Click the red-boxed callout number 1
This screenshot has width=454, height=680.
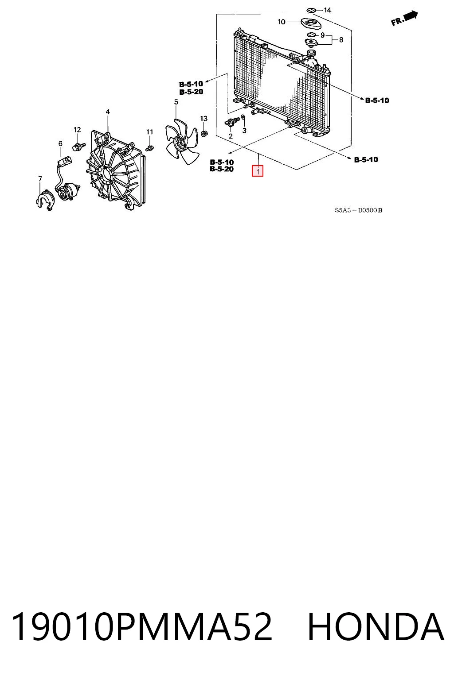tap(257, 171)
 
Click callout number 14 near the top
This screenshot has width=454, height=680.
tap(327, 10)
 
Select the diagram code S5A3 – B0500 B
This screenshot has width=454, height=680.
tap(358, 210)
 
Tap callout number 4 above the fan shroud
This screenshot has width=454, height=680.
tap(108, 112)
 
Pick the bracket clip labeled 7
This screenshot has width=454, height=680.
tap(45, 200)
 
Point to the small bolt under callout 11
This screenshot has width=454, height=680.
tap(149, 148)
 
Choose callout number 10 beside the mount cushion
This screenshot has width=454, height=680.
tap(281, 22)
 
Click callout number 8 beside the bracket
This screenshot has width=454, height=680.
tap(341, 40)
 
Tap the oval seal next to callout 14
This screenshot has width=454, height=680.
tap(311, 10)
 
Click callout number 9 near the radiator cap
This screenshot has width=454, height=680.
tap(322, 35)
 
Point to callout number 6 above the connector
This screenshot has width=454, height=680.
tap(60, 143)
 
